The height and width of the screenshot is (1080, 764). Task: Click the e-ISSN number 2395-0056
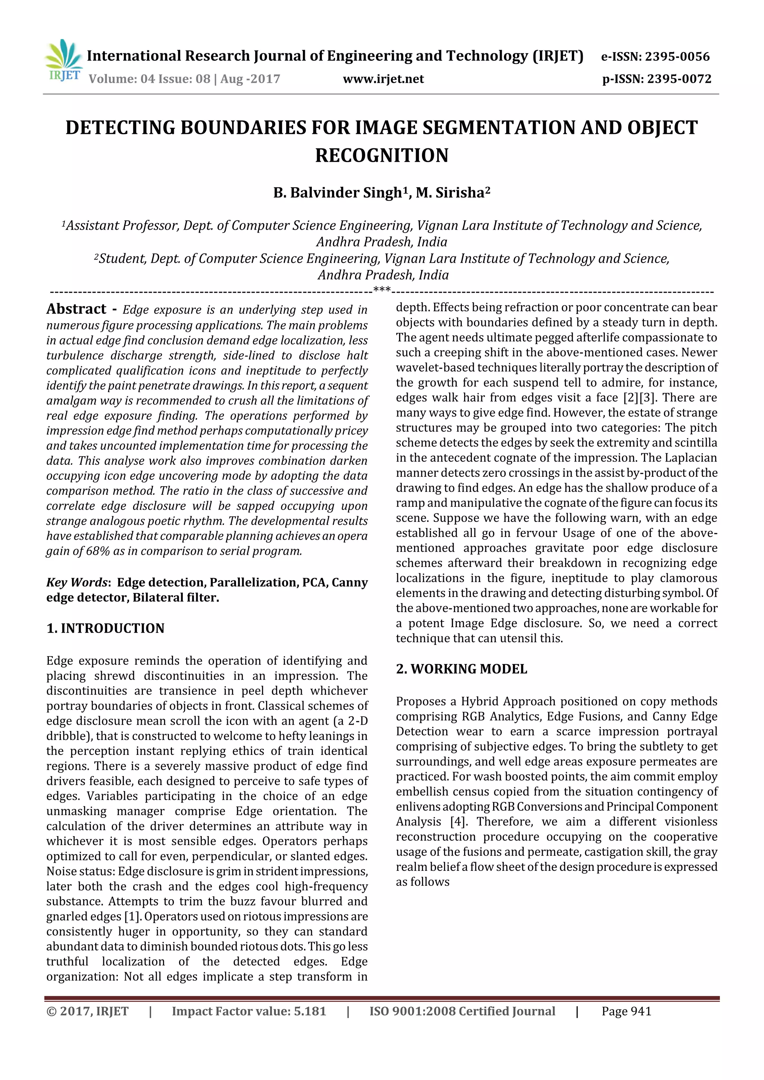(x=677, y=57)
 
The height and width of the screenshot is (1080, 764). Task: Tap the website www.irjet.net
(x=383, y=79)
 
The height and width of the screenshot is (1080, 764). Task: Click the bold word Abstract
(x=76, y=309)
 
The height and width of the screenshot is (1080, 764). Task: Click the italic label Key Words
(x=77, y=582)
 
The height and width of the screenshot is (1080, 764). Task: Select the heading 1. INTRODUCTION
(x=106, y=629)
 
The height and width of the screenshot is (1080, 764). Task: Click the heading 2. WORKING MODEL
(x=461, y=669)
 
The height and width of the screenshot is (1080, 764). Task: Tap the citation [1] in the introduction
(x=132, y=916)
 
